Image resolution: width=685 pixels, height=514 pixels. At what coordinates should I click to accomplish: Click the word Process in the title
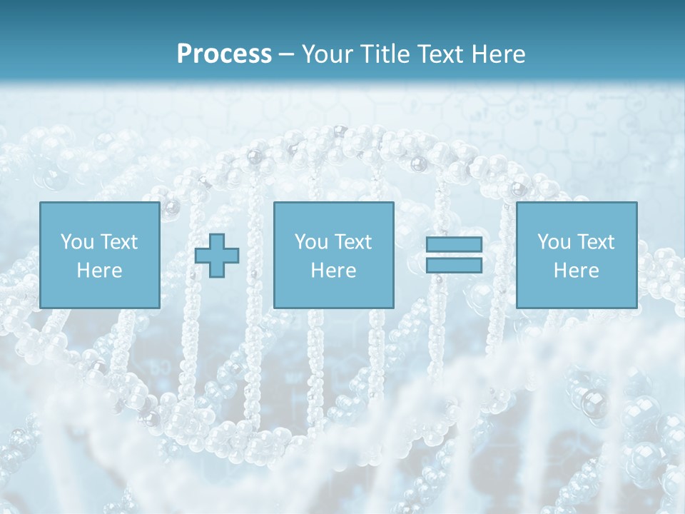click(x=224, y=54)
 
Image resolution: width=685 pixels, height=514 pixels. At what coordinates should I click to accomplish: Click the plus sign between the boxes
click(x=217, y=256)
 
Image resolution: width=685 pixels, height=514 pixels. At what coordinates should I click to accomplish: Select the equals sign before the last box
click(x=454, y=255)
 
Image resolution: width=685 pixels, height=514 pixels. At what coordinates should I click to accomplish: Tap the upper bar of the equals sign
click(x=454, y=245)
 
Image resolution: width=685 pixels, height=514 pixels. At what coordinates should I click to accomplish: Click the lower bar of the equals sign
click(x=454, y=265)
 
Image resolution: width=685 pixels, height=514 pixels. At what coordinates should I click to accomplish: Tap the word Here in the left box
click(x=99, y=271)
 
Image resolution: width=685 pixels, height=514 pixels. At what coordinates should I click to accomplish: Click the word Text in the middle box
click(x=354, y=242)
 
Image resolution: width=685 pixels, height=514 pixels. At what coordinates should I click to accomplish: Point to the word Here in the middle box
click(x=333, y=271)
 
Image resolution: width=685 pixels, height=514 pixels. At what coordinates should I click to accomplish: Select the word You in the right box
click(x=554, y=242)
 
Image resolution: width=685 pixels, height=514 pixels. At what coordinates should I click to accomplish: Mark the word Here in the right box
click(x=576, y=271)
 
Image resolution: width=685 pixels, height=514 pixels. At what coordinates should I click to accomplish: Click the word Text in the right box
click(x=597, y=242)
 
